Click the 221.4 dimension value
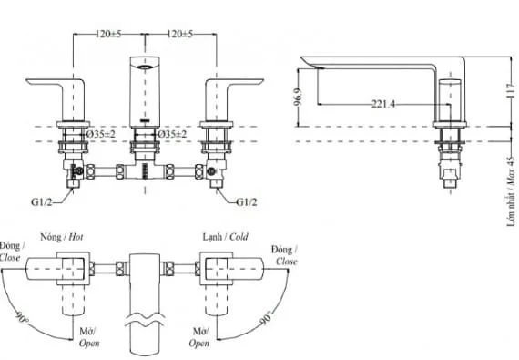coord(383,104)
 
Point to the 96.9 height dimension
coord(298,97)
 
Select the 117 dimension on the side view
coord(511,90)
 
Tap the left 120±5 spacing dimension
coord(108,34)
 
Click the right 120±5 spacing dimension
coord(179,34)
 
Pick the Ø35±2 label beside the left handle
coord(101,134)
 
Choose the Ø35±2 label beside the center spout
coord(172,134)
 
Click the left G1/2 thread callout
coord(41,202)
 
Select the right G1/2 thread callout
coord(246,202)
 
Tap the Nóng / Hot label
coord(62,237)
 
